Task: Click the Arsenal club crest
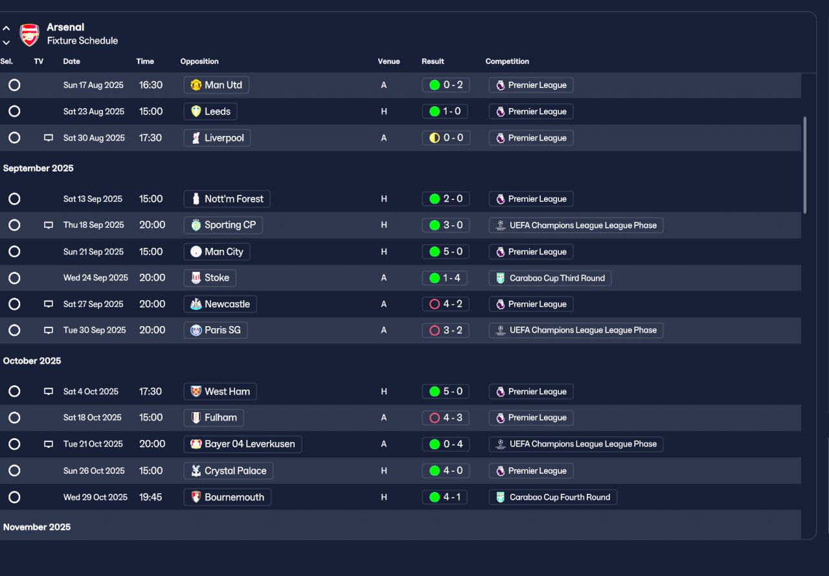(29, 34)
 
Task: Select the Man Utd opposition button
(216, 85)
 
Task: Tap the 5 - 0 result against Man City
(446, 252)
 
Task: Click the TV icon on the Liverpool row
(48, 138)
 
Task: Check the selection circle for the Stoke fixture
(14, 278)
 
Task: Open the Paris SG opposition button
(216, 330)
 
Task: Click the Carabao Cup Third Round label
(550, 278)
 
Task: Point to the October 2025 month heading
(32, 361)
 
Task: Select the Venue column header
(389, 61)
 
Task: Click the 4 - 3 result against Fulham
(446, 418)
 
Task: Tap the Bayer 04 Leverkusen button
(243, 444)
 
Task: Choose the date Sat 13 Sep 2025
(93, 199)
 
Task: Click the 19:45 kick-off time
(151, 497)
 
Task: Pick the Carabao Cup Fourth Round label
(552, 497)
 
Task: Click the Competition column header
(507, 61)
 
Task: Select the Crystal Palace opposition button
(229, 471)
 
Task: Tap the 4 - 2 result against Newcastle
(446, 304)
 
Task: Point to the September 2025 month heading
(38, 168)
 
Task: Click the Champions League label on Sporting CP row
(576, 225)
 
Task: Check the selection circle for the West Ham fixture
(14, 392)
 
